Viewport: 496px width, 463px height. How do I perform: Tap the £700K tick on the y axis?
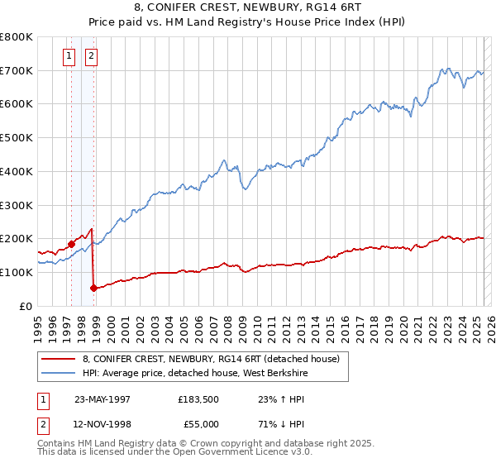[16, 71]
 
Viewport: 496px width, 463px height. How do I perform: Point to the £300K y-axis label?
[16, 205]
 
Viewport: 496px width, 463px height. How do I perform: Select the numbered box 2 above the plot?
[90, 56]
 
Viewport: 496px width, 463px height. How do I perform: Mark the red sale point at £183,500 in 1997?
[72, 244]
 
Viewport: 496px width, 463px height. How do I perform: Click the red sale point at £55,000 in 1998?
[93, 288]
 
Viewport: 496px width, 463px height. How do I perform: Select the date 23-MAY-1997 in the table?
[103, 399]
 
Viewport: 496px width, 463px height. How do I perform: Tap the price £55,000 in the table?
[198, 424]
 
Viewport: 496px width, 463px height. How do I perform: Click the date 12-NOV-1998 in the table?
[103, 424]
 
